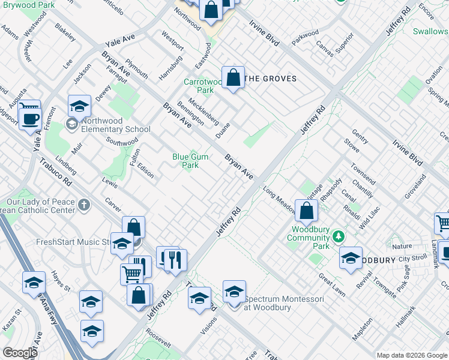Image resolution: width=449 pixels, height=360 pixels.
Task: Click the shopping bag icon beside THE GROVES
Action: (233, 77)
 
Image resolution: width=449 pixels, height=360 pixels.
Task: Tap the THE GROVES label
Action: (272, 78)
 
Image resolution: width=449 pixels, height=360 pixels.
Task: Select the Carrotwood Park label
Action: (199, 86)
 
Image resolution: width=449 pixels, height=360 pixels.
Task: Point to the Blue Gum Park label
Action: (190, 161)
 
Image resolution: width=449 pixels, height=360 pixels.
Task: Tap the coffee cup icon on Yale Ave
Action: (29, 118)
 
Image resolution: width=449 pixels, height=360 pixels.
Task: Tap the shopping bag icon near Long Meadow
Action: (306, 211)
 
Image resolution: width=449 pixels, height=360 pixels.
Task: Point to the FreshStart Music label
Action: (71, 242)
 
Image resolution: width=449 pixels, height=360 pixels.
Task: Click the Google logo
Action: (20, 353)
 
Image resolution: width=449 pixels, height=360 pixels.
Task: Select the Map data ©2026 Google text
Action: (411, 355)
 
